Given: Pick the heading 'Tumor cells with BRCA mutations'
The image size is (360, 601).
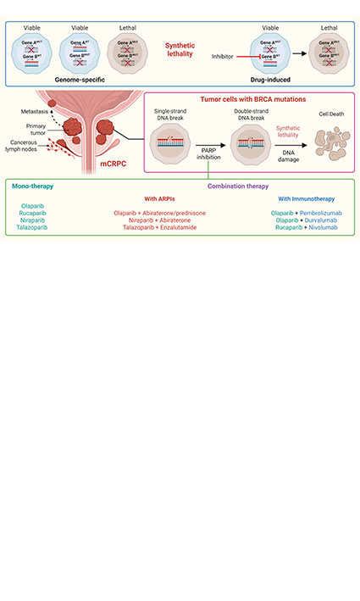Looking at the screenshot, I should [x=246, y=99].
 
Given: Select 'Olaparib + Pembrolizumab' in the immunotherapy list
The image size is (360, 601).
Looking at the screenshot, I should [x=304, y=211].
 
